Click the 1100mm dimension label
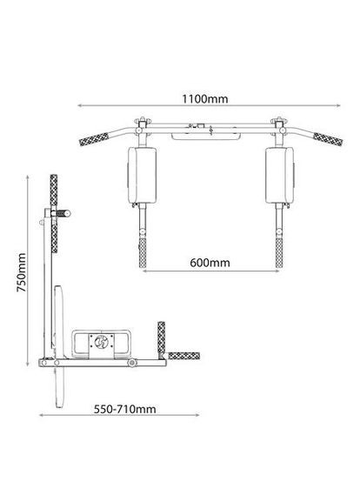tap(205, 99)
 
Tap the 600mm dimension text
tap(210, 263)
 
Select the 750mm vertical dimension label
tap(21, 272)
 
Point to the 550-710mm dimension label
tap(125, 410)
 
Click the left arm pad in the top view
tap(142, 175)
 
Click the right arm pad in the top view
tap(279, 175)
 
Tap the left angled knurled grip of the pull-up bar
tap(94, 139)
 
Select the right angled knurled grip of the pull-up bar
tap(328, 139)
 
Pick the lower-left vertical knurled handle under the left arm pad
tap(142, 253)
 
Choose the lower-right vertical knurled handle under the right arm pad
tap(279, 253)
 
